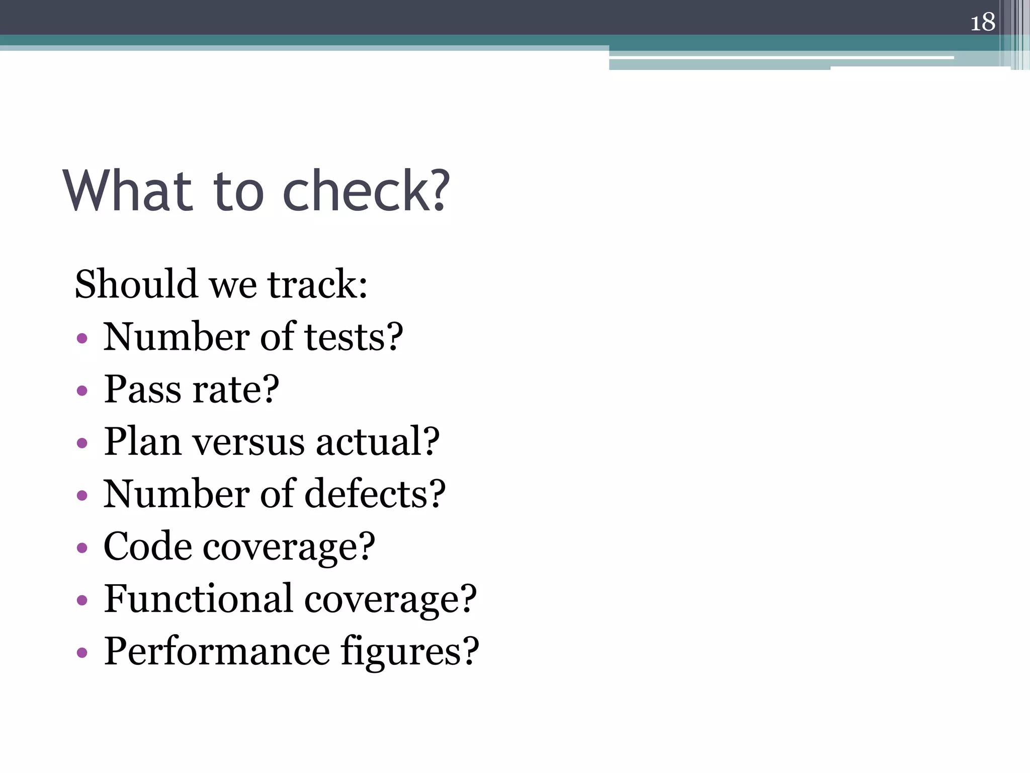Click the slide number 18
point(982,23)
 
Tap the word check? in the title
point(366,191)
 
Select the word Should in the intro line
point(136,284)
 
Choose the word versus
point(248,442)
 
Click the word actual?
point(378,442)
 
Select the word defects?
point(375,494)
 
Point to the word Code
point(147,547)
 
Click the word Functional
point(198,599)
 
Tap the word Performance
point(217,651)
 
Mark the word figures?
point(410,652)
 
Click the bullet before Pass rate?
point(82,391)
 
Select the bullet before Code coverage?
point(82,548)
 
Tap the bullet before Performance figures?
point(82,653)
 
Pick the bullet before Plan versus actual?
point(82,443)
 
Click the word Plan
point(142,442)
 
